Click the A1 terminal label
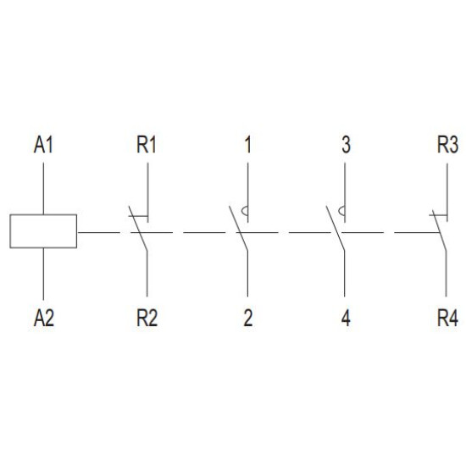(x=43, y=145)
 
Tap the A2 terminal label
(x=44, y=318)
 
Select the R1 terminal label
(x=147, y=145)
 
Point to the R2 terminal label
(x=147, y=318)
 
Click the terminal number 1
(x=247, y=145)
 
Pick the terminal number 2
(x=248, y=318)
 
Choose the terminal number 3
(x=346, y=145)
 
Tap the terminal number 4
(x=346, y=318)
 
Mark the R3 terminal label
(x=447, y=145)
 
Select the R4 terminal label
(x=447, y=318)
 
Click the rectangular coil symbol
(x=43, y=214)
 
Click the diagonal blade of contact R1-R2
(x=138, y=229)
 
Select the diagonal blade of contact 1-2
(x=238, y=229)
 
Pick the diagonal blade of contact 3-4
(x=336, y=229)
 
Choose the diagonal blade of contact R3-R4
(x=439, y=230)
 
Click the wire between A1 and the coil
(x=44, y=188)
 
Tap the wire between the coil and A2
(x=44, y=274)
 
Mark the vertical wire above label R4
(x=446, y=274)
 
